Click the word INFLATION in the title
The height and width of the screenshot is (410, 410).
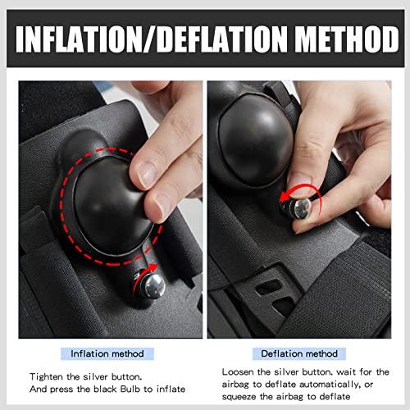[x=80, y=39]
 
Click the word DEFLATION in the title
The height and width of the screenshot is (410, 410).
[x=222, y=39]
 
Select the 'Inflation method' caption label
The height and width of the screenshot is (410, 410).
[x=107, y=353]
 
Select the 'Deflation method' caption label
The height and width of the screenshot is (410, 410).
[x=299, y=353]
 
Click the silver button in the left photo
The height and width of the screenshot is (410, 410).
[x=153, y=285]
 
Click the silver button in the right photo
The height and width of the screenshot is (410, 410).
[x=298, y=208]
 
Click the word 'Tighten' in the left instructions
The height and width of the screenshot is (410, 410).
[x=46, y=377]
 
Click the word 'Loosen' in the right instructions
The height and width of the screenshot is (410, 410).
[x=238, y=372]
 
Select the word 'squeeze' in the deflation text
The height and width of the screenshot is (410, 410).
[x=239, y=397]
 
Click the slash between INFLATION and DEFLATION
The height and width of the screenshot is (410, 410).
[x=150, y=39]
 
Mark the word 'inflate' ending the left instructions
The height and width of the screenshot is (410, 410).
[x=171, y=389]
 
